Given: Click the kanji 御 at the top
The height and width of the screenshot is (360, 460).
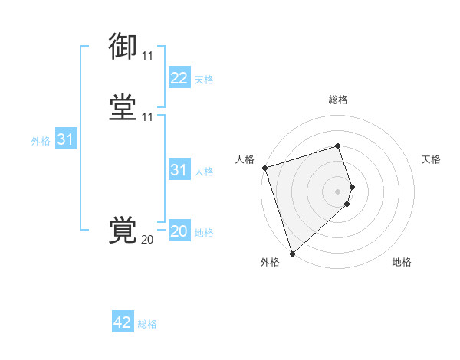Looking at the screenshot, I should point(123,46).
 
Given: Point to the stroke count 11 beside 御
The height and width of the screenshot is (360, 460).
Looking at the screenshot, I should point(147,56).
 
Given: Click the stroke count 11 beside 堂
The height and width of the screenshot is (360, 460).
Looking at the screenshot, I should point(147,117).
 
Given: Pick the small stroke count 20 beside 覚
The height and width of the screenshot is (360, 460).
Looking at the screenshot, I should point(147,240).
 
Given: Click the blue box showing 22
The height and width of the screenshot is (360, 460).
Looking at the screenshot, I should point(179,79).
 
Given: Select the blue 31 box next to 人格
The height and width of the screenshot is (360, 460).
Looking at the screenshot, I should point(179,170).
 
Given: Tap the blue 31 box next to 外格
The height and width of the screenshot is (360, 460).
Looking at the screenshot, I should point(65,139).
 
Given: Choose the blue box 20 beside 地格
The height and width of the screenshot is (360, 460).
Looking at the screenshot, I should point(179,231).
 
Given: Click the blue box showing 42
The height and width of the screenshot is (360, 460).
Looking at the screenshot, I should point(123,322).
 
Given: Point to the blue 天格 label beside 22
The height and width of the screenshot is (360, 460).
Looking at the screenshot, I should point(204,80).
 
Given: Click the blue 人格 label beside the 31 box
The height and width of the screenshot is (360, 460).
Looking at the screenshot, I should point(204,171).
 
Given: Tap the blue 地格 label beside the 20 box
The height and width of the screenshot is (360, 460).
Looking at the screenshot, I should point(204,232).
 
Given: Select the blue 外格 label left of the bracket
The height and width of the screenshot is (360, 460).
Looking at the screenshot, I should point(41,140).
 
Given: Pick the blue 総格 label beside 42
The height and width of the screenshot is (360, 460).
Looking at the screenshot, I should point(147,323).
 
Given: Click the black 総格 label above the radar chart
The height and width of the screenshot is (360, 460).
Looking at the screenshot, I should point(338,100).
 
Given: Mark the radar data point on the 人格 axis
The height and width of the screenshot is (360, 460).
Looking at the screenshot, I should point(264,168).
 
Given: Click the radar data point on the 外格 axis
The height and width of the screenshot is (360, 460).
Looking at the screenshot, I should point(292,253).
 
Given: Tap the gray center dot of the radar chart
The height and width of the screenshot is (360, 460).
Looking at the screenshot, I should point(338,191).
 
